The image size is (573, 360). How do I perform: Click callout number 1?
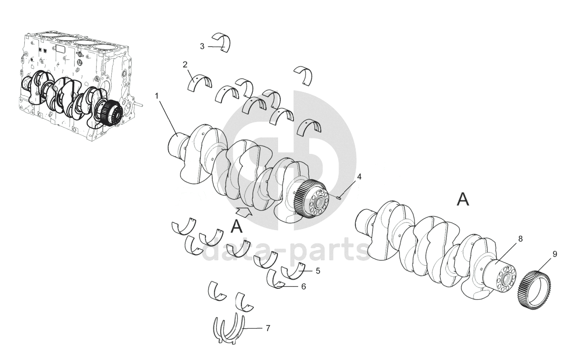(x=157, y=96)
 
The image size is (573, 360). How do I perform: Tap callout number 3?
(x=202, y=47)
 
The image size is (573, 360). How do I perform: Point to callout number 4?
(x=359, y=177)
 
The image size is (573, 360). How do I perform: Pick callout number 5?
(x=318, y=271)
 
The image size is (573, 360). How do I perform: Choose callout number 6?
(x=303, y=286)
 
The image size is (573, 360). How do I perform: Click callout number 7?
(x=268, y=328)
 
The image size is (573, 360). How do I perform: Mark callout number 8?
(x=520, y=239)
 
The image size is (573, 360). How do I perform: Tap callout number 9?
(x=555, y=254)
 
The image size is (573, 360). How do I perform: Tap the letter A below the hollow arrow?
(x=236, y=227)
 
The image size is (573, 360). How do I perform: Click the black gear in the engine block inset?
(x=109, y=112)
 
